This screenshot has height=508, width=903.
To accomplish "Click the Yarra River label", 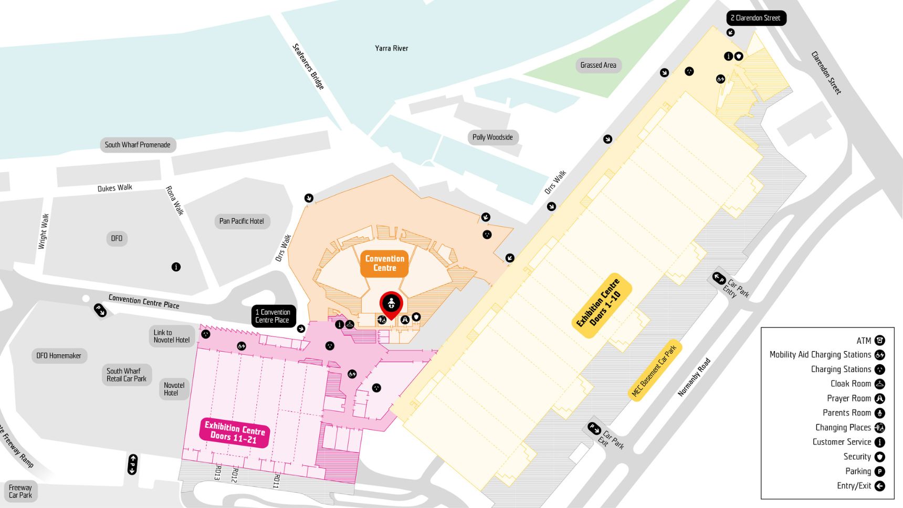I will click(391, 48).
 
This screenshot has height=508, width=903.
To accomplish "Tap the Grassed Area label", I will click(598, 65).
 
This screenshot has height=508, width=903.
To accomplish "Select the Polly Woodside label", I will click(492, 137).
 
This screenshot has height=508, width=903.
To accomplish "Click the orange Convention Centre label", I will click(385, 263).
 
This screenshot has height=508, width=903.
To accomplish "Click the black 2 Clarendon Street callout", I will click(755, 18).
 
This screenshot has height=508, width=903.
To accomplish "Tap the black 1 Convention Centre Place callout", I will click(273, 316).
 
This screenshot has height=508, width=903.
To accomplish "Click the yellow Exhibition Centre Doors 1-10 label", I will click(601, 305).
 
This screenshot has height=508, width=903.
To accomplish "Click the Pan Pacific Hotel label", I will click(241, 221).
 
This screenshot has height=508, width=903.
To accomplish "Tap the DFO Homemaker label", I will click(59, 356).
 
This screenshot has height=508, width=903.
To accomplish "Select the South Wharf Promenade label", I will click(138, 145).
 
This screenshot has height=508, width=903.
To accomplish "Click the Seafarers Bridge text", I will click(308, 66).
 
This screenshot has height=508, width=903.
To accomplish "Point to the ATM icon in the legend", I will click(880, 341).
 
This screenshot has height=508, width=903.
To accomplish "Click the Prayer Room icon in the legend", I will click(880, 399).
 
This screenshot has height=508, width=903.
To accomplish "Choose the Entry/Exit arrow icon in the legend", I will click(880, 486).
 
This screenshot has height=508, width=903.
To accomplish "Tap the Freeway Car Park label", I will click(20, 492).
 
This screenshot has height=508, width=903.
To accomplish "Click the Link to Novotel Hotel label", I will click(171, 336).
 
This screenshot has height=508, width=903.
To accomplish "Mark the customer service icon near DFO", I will click(176, 267).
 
